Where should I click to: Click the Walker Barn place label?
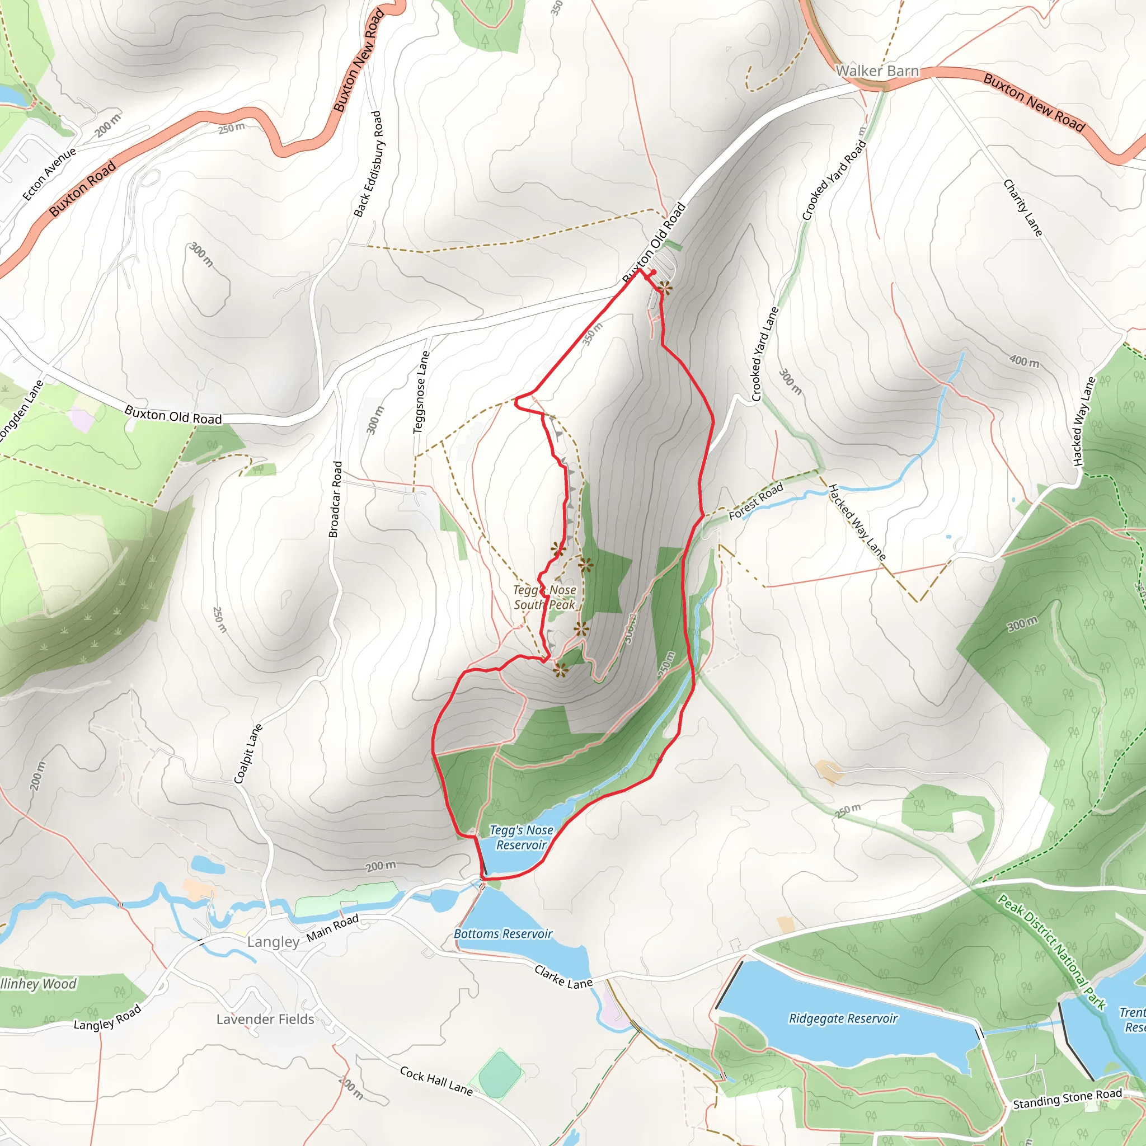877,71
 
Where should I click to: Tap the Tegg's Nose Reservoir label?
521,838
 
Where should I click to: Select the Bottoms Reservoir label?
502,934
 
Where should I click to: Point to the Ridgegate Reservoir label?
843,1018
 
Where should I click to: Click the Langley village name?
274,942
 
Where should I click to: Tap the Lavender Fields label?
265,1019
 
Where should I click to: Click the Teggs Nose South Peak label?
544,597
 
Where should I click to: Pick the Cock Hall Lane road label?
436,1081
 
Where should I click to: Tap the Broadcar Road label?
336,500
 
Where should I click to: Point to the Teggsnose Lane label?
421,392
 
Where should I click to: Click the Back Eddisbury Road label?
368,165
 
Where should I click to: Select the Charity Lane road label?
1022,208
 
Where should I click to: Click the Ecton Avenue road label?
49,174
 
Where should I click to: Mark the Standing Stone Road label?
1067,1098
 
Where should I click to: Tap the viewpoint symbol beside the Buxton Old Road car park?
665,289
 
